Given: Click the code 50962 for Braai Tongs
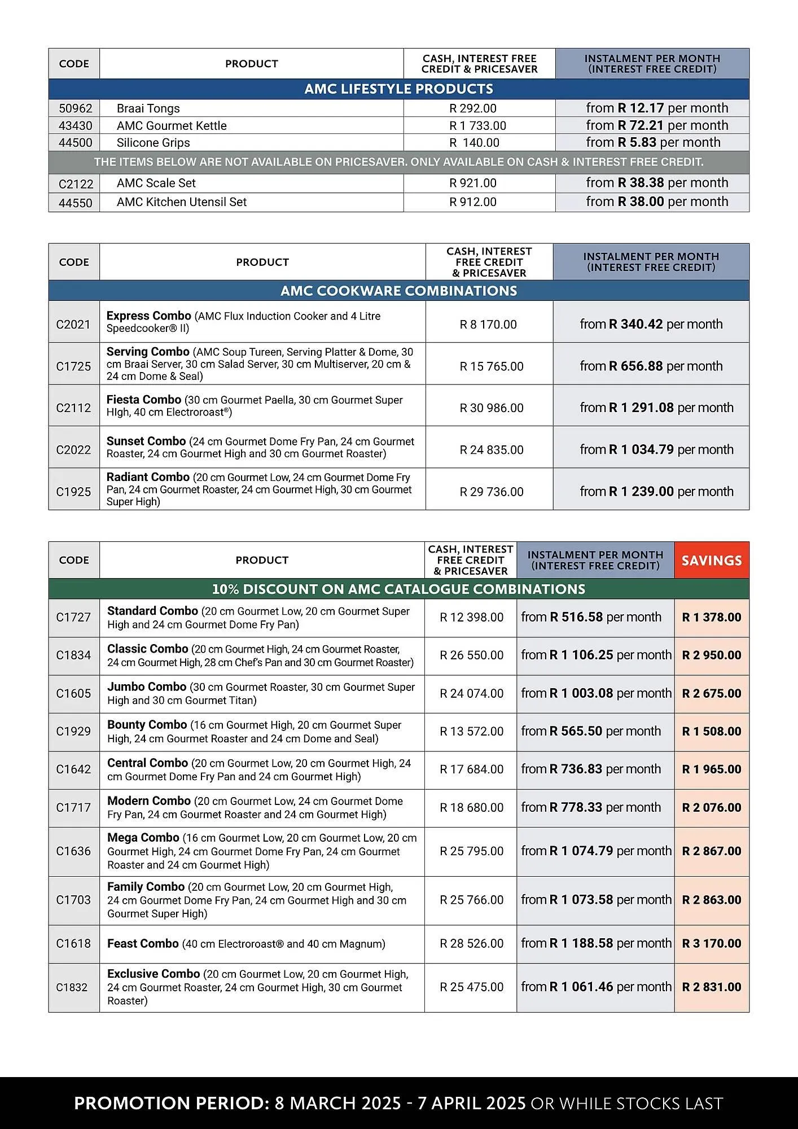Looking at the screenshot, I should pos(75,108).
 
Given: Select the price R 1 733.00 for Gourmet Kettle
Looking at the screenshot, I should pos(477,126).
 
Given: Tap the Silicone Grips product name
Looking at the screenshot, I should pos(153,143).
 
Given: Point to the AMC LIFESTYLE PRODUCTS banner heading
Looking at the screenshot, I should pos(398,89).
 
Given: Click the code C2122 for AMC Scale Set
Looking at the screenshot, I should pos(75,183).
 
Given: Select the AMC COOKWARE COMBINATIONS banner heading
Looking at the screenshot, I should pos(398,291).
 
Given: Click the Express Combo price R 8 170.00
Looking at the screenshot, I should pos(488,325).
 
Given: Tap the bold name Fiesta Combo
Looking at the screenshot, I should pos(143,400).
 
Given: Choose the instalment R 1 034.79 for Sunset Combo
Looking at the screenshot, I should pos(641,450).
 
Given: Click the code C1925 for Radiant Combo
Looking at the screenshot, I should pos(73,492).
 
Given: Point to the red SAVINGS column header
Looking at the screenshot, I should pos(711,561).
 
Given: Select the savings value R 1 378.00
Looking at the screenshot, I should pos(711,618).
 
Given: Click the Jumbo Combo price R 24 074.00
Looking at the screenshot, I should pos(471,694).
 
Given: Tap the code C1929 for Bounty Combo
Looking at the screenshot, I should pos(73,732).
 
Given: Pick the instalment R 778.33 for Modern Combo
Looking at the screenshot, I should pos(576,808).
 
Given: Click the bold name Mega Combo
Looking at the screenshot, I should pos(143,838).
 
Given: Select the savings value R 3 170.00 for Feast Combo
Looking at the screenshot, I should pos(711,944).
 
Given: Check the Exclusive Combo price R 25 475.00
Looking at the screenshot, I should pos(471,987).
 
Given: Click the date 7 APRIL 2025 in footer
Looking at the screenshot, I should pos(471,1103).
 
